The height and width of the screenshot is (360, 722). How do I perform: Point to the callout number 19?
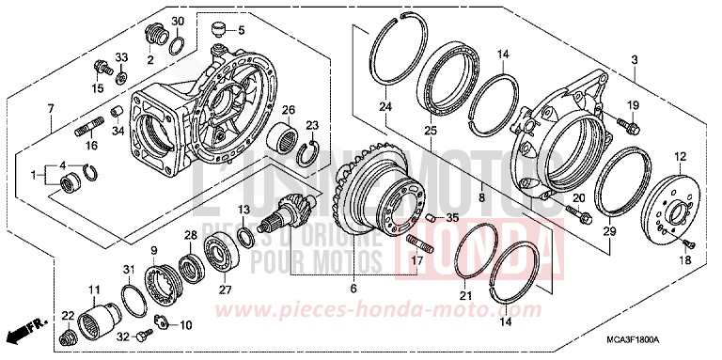[632, 104]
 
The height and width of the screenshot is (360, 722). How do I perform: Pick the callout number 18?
[683, 258]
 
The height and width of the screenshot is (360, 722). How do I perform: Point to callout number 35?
[453, 219]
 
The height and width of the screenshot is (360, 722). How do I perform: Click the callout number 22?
[68, 315]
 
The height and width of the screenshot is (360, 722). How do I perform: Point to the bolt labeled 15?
[98, 67]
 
